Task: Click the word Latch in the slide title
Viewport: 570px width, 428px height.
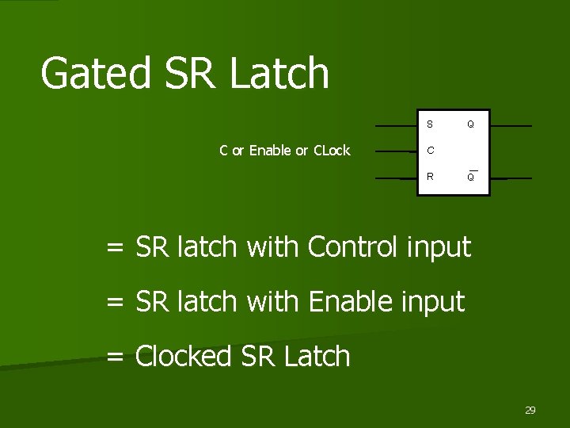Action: point(279,74)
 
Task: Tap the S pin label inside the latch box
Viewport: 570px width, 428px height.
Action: point(430,124)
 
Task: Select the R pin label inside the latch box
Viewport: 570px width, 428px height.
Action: point(430,177)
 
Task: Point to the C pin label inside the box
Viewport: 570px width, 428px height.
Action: point(430,151)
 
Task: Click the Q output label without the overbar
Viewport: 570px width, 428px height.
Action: point(470,124)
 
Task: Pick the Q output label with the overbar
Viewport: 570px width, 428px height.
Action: point(470,177)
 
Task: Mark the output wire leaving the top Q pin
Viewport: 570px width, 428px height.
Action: point(511,126)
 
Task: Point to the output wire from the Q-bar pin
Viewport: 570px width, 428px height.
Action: point(511,178)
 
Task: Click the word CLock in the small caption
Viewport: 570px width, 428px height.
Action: point(332,151)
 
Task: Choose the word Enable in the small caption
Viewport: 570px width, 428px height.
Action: point(270,151)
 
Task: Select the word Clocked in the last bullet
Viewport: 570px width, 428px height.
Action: point(185,357)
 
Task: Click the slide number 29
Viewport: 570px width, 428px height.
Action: point(530,410)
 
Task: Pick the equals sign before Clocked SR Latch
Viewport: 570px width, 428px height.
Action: point(116,357)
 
